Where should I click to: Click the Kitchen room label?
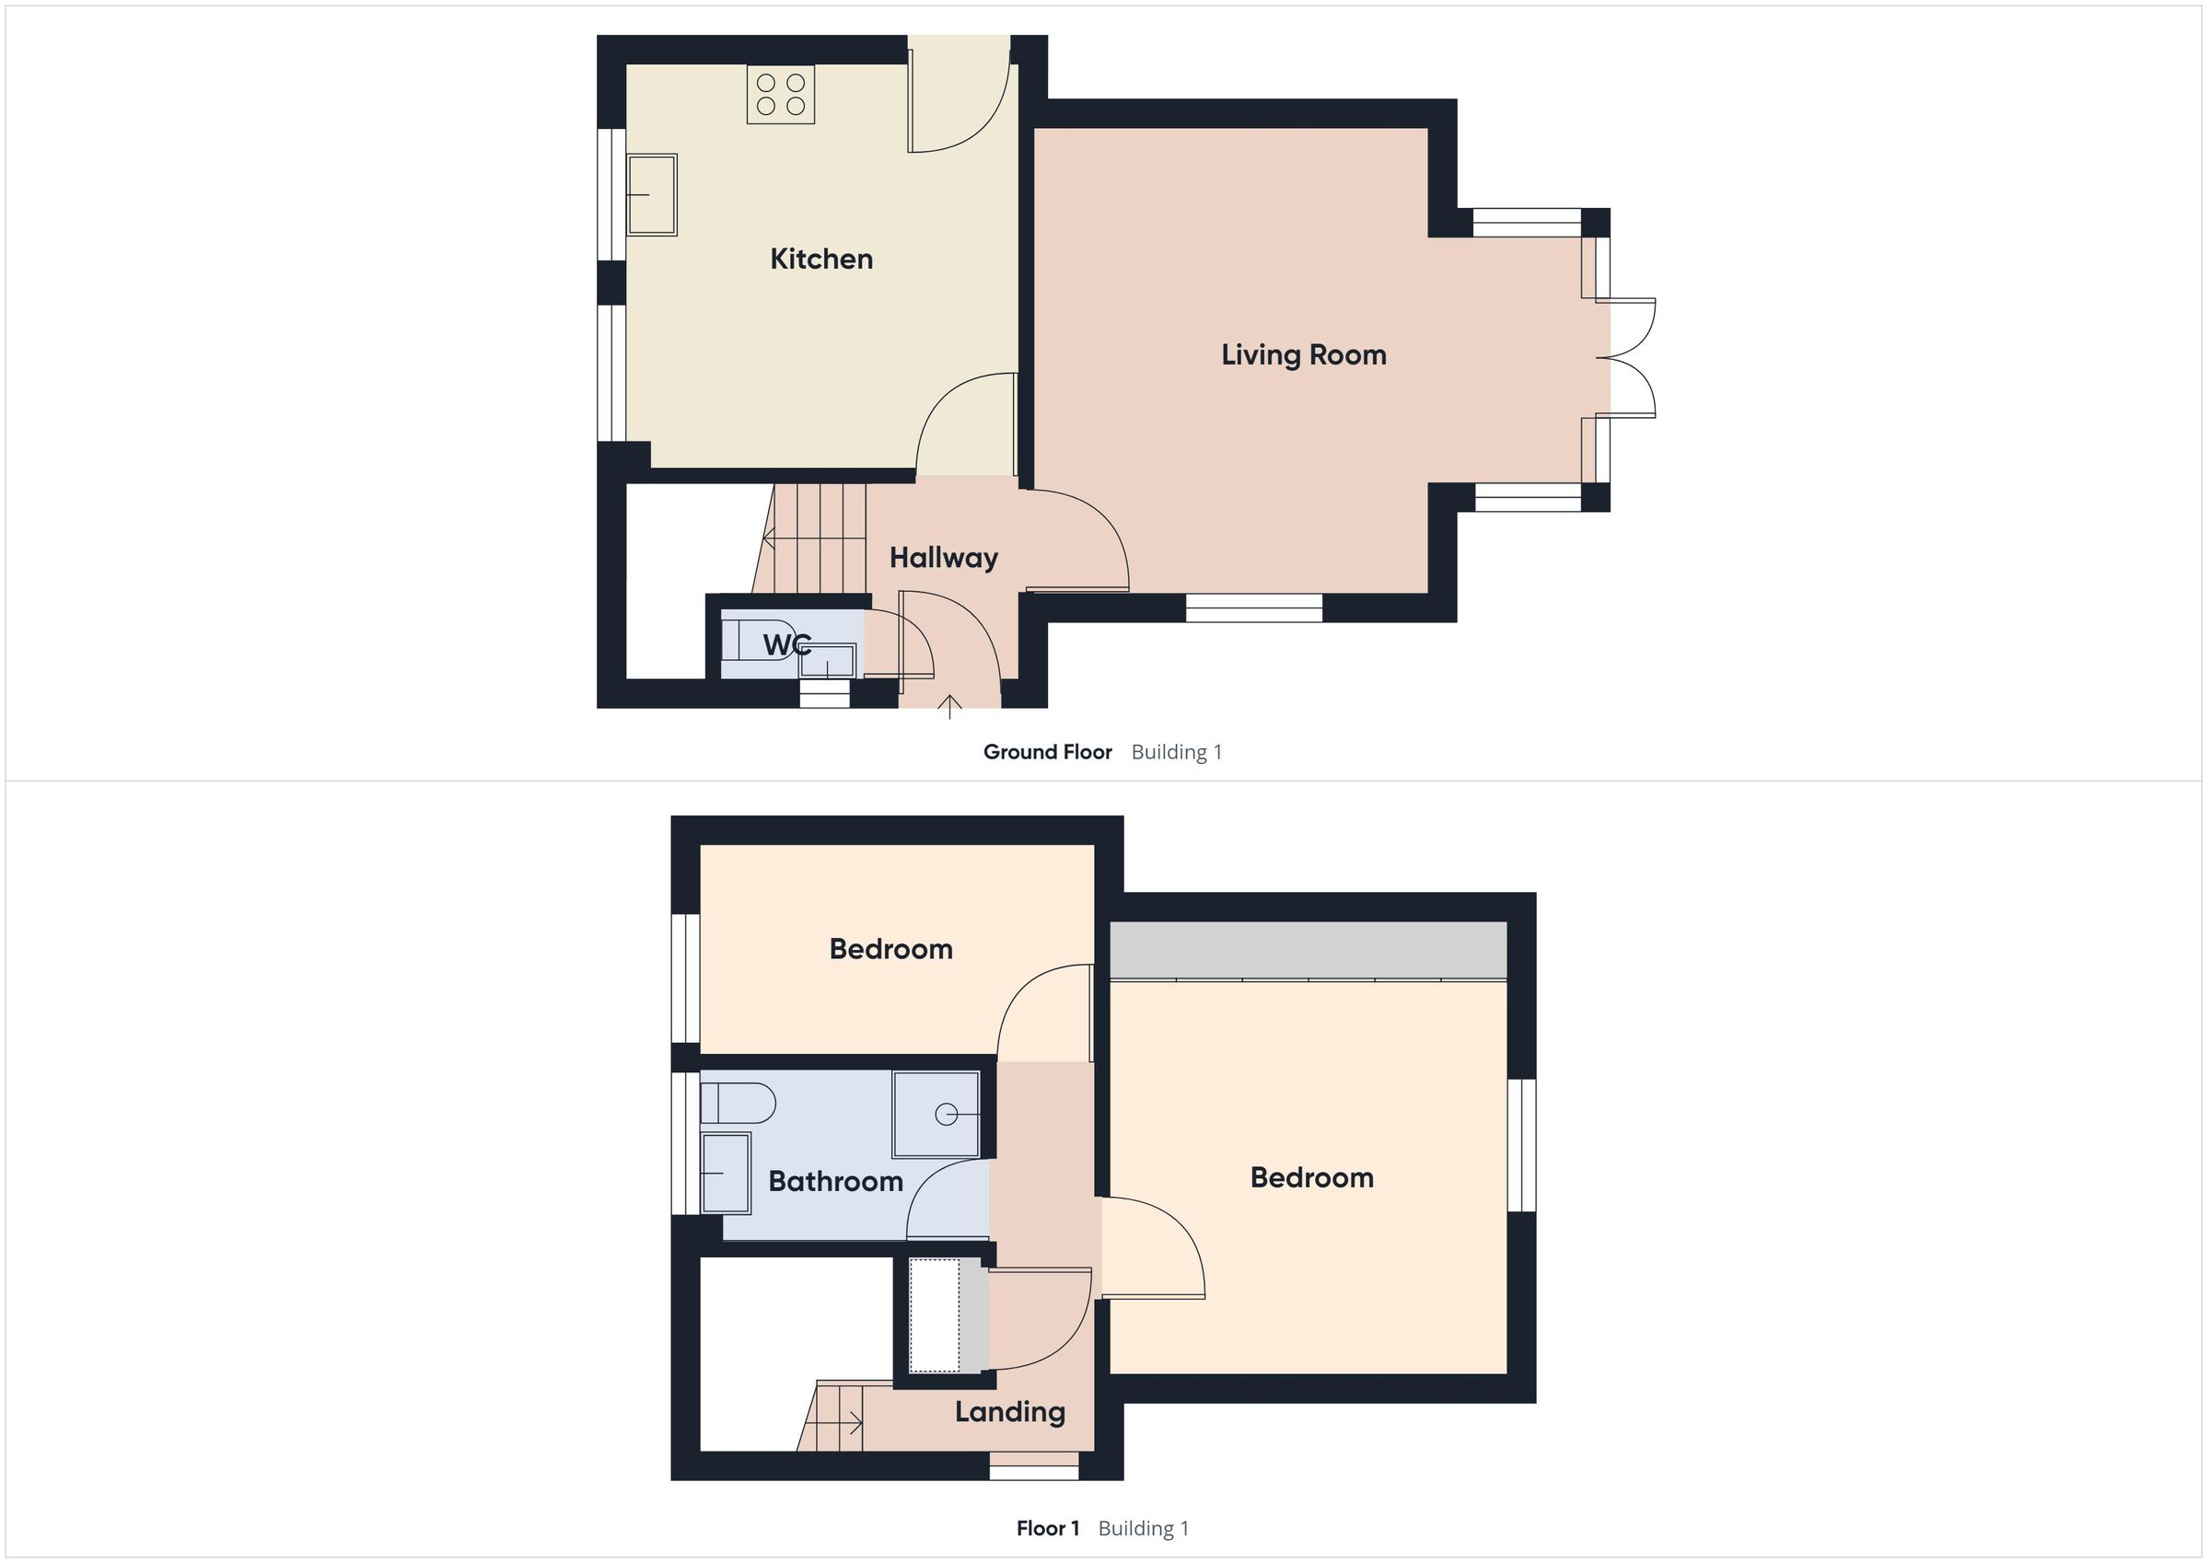coord(821,259)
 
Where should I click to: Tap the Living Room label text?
coord(1303,355)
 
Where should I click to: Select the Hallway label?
coord(943,558)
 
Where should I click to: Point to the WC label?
coord(786,645)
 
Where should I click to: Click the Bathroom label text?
coord(834,1181)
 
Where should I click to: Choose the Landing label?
coord(1010,1412)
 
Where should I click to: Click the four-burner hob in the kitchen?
coord(781,94)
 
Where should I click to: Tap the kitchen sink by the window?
coord(652,194)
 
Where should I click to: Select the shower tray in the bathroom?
coord(936,1114)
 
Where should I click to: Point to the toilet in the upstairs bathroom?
coord(737,1103)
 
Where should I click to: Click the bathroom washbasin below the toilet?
coord(725,1173)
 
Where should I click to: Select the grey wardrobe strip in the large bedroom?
coord(1308,950)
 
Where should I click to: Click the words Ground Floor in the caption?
coord(1047,752)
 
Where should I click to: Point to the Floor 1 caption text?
coord(1047,1528)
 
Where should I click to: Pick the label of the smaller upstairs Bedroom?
coord(890,949)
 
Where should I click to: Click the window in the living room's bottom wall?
coord(1253,608)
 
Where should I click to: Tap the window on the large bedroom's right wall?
coord(1521,1144)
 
